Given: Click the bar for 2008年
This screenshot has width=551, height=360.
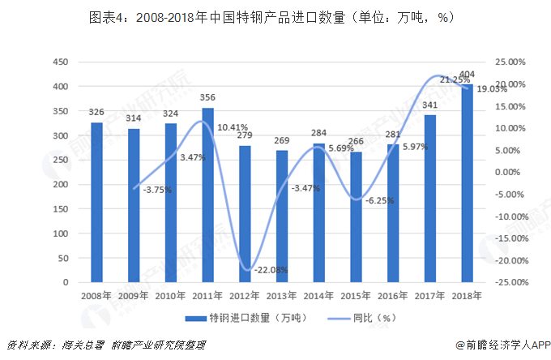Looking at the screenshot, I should pos(96,203).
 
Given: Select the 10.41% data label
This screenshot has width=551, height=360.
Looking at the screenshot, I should pos(233,127).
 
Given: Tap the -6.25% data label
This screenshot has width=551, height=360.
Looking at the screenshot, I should pos(380,200).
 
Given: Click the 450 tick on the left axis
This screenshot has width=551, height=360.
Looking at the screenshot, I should pos(60,62).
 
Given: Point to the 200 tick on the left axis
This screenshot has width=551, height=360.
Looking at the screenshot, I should pos(60,185).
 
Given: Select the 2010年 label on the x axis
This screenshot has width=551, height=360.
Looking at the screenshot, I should pos(170,296).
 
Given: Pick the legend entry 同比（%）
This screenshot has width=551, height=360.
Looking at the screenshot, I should pos(369,318).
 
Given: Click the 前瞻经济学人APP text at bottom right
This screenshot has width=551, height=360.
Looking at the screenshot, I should pos(501,345).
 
